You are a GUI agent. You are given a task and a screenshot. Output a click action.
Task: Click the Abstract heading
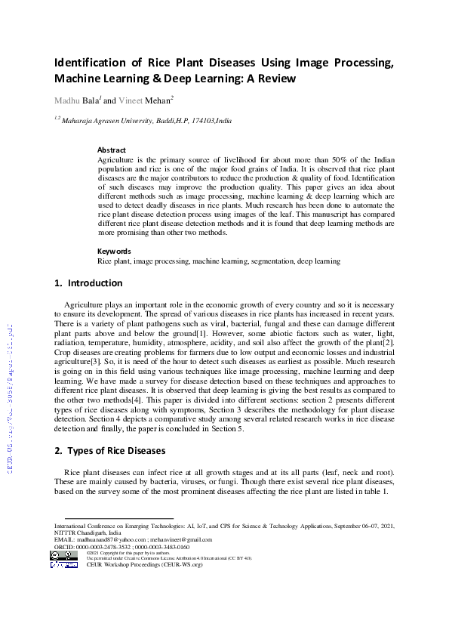tap(112, 150)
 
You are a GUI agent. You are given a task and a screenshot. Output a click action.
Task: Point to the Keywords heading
tap(114, 252)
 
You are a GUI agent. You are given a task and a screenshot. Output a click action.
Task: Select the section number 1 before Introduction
tap(58, 284)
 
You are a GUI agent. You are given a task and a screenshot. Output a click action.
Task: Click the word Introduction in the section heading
tap(95, 284)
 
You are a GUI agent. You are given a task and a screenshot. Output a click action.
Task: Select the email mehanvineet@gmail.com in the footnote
tap(181, 540)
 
